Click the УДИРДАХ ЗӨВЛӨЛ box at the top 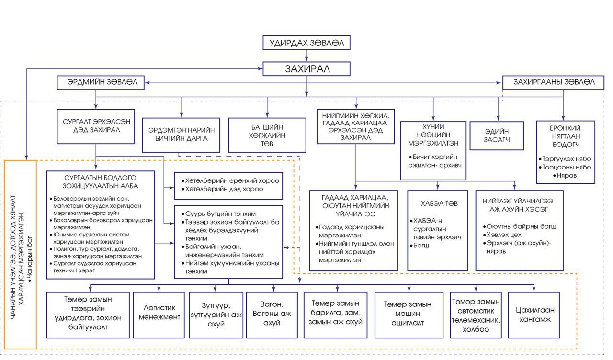(306, 43)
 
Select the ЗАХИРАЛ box (306, 68)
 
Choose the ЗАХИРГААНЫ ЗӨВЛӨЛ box (548, 82)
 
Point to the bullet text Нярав (567, 176)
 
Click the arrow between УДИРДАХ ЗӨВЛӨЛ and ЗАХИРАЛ (306, 56)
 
